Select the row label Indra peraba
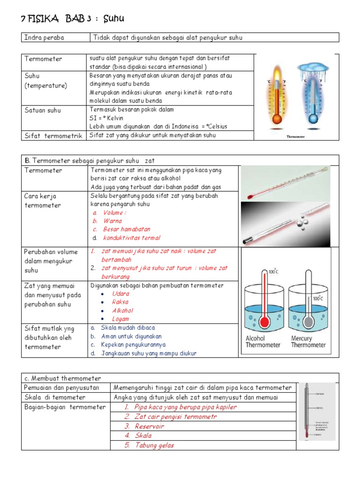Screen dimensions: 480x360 [x=44, y=37]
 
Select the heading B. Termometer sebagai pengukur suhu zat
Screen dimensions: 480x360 [x=89, y=161]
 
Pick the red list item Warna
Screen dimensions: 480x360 [x=112, y=221]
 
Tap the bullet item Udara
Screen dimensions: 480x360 [x=120, y=293]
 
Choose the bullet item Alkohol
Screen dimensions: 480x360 [x=123, y=310]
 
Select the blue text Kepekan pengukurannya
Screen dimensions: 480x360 [x=133, y=345]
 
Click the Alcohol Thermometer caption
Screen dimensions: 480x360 [x=262, y=341]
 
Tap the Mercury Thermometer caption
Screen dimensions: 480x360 [x=308, y=341]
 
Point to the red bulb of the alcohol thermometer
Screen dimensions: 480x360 [x=264, y=322]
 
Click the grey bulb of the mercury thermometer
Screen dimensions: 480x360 [x=308, y=322]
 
